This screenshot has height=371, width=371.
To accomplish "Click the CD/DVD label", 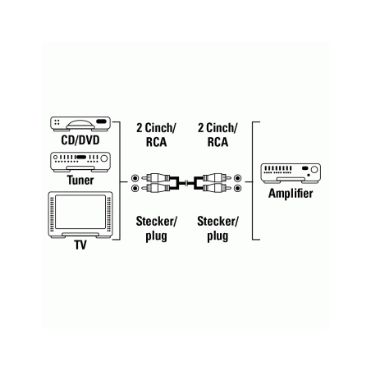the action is click(80, 140).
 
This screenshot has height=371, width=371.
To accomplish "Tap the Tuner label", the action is click(80, 181).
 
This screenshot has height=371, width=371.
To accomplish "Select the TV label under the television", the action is click(80, 245).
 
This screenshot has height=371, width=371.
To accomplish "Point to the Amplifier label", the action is click(291, 194).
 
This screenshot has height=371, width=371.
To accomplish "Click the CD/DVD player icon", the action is click(80, 124).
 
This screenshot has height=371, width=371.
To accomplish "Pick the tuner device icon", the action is click(80, 163).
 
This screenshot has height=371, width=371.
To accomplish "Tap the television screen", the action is click(80, 212).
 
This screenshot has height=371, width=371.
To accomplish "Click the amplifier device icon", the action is click(291, 173).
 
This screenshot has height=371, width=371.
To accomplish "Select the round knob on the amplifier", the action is click(314, 170).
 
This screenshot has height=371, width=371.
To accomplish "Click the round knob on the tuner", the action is click(104, 158).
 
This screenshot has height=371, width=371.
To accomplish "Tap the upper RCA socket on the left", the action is click(135, 178).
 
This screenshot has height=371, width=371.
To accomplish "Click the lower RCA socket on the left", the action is click(135, 188).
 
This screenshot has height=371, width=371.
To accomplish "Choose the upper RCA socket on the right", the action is click(237, 178).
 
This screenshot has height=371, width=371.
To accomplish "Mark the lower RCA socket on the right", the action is click(237, 188).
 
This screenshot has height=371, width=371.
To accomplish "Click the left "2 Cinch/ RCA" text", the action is click(156, 135).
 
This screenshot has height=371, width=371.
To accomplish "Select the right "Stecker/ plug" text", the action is click(218, 229).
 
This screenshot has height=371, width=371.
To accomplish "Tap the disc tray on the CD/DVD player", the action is click(80, 124).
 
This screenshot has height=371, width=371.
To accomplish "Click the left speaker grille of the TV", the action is click(52, 213).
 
